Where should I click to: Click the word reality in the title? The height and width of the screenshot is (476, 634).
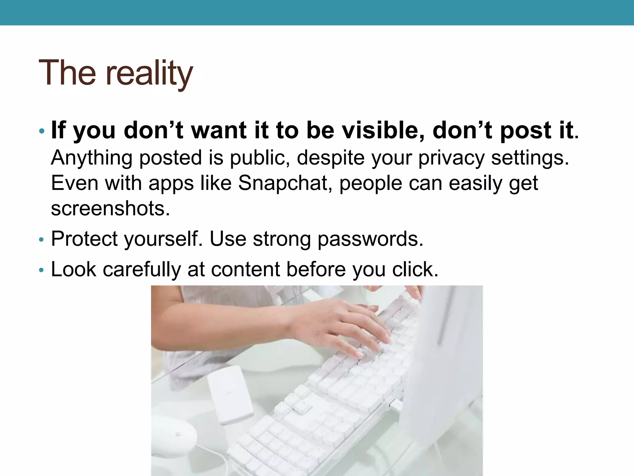pos(149,73)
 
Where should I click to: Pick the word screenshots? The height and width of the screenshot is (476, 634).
pos(110,208)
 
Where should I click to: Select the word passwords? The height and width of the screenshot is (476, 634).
pos(370,239)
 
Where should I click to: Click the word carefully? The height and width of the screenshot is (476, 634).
pos(142,269)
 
